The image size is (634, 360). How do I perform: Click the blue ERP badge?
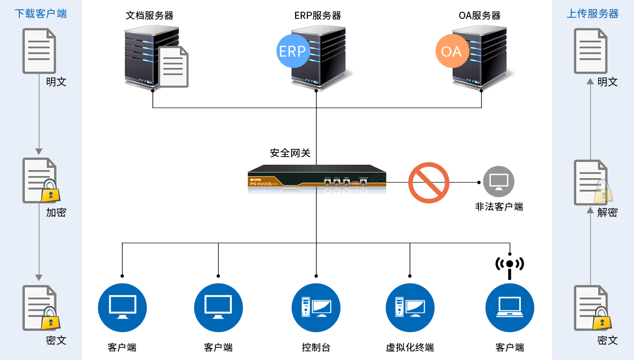pos(292,51)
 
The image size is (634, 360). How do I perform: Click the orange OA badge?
pos(451,51)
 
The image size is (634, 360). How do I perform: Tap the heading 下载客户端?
pos(41,14)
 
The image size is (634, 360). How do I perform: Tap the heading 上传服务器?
pos(593,14)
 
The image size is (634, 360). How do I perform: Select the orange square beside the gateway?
pos(429,183)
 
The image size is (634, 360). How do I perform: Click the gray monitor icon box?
pos(498,181)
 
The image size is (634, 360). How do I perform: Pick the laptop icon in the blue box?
pos(510,307)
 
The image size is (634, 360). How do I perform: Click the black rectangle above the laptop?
pos(510,268)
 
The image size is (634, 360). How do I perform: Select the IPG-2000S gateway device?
pos(316,179)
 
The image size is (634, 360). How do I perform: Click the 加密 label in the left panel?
pos(56,213)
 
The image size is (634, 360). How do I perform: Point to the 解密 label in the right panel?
pos(607,213)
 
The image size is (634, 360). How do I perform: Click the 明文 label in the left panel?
pos(56,82)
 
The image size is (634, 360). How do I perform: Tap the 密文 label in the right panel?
pos(607,340)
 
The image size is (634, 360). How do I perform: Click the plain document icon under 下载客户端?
pos(39,51)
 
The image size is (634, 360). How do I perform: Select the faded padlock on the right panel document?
pos(603,192)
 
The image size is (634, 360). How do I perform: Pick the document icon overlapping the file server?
pos(173,66)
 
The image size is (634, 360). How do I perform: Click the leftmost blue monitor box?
pos(122,307)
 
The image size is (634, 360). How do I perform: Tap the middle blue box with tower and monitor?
pos(316,307)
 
